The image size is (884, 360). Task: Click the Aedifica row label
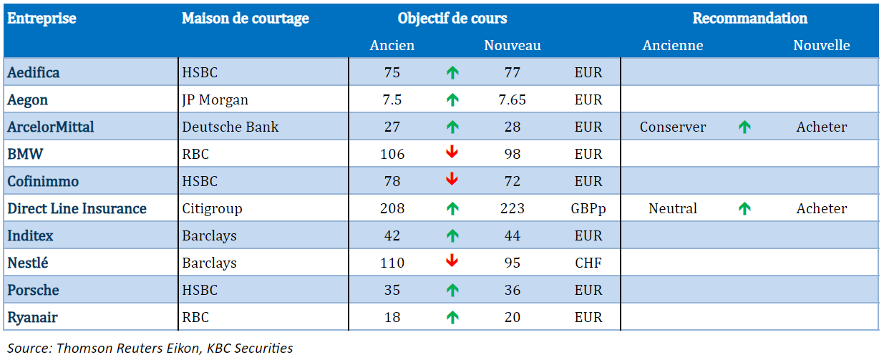[34, 72]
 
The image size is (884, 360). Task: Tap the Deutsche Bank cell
[230, 127]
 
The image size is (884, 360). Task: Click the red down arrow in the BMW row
[452, 152]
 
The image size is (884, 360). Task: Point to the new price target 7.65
[512, 99]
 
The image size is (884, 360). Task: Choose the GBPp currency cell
[588, 208]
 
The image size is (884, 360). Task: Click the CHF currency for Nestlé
[588, 263]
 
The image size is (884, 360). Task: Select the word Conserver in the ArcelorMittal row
[673, 127]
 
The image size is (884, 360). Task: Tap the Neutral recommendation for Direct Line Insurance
[673, 208]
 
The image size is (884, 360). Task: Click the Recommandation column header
[749, 19]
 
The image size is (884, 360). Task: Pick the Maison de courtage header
[245, 19]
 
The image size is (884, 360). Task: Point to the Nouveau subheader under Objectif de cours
[512, 45]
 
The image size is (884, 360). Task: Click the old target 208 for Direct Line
[392, 208]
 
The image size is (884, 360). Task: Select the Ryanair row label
[32, 317]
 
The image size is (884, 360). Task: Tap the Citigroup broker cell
[212, 208]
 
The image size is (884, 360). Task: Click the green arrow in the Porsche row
[452, 291]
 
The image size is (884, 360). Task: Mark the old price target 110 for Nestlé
[392, 263]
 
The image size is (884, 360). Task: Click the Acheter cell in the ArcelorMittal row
[821, 127]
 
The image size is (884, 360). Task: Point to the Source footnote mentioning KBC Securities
[150, 348]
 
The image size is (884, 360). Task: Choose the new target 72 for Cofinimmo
[512, 181]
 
